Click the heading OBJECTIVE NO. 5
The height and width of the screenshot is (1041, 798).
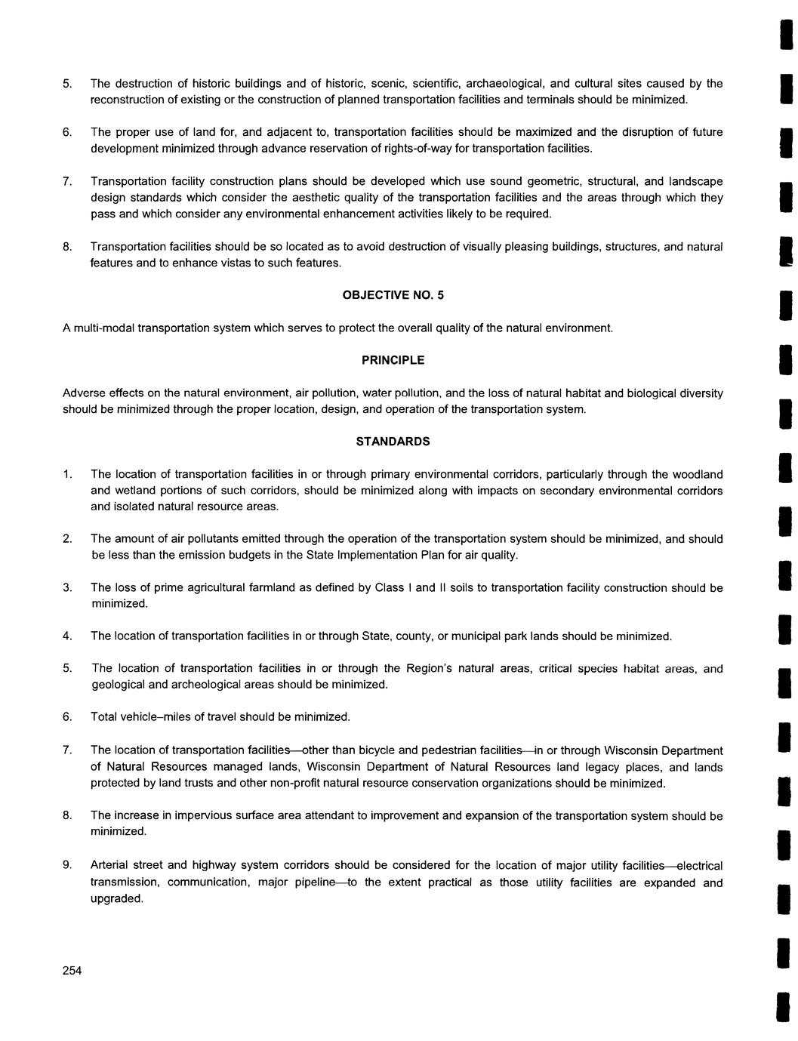[393, 295]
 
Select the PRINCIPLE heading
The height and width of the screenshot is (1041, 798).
[393, 360]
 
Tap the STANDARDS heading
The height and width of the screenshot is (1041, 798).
[393, 442]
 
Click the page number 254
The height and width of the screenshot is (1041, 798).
[72, 971]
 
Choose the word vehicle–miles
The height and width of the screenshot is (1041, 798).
[156, 716]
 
